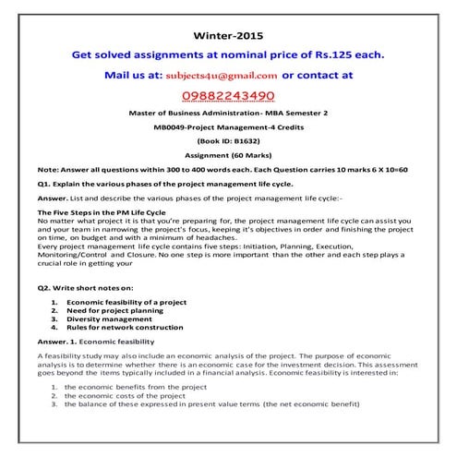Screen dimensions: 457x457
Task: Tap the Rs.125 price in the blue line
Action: pyautogui.click(x=344, y=54)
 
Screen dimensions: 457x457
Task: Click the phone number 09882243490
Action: pyautogui.click(x=227, y=95)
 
